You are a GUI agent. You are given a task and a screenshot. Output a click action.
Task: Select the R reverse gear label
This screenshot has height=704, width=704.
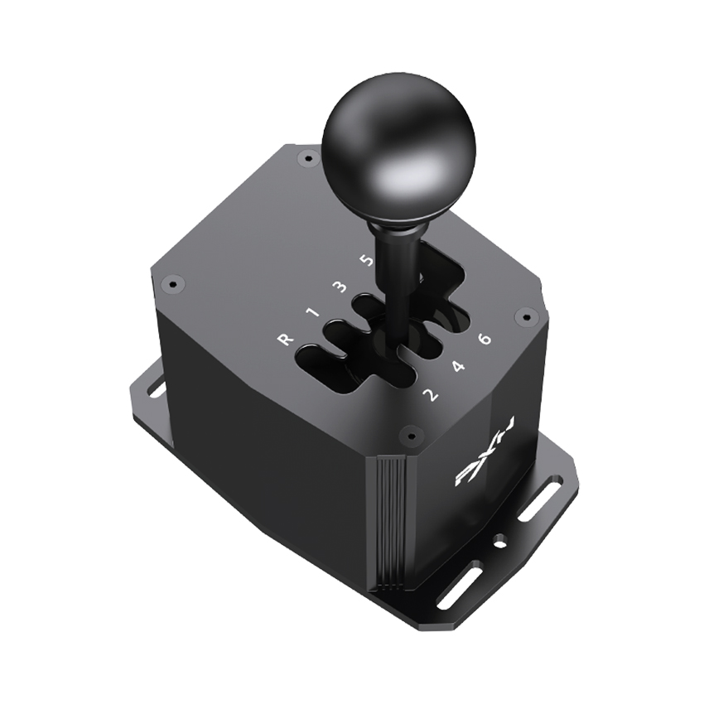284,340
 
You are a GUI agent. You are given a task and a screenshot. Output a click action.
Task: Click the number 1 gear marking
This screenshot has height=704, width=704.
311,313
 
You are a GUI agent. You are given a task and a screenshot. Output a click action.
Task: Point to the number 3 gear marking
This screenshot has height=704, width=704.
338,287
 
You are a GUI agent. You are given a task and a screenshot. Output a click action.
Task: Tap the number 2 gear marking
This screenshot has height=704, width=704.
431,393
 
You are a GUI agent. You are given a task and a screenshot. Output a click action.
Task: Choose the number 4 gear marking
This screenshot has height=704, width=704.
458,366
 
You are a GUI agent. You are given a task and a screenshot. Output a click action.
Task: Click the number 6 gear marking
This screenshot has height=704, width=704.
485,339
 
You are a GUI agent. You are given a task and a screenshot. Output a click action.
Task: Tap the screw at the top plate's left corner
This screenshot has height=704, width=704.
173,284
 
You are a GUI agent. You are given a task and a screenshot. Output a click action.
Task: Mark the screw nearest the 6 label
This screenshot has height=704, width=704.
523,315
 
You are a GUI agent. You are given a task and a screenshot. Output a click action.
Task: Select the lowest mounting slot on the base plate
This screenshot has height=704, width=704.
460,585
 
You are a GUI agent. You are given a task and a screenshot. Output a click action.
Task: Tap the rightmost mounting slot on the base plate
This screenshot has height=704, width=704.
540,500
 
